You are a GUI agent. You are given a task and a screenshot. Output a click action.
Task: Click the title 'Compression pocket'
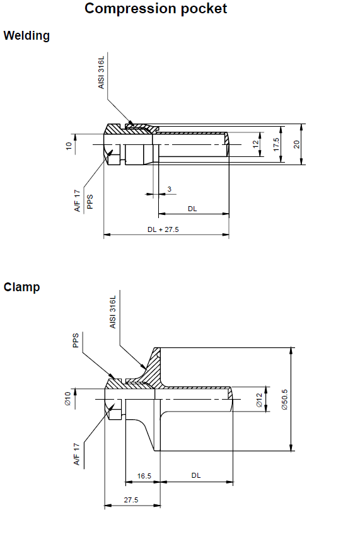click(156, 9)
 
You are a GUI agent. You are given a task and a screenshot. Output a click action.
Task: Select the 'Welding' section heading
click(26, 36)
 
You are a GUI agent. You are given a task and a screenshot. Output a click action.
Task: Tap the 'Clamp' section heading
click(21, 287)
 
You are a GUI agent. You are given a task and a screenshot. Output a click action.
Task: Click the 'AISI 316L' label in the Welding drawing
click(101, 72)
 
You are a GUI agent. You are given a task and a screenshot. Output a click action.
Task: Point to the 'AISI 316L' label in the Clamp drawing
click(112, 312)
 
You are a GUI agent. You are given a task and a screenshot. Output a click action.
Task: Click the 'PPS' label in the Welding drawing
click(90, 202)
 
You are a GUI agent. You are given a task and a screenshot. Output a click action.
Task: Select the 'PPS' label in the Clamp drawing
click(75, 340)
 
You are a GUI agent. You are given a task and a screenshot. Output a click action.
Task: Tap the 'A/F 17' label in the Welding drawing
click(77, 200)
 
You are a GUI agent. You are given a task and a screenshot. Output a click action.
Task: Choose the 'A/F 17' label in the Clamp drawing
click(76, 454)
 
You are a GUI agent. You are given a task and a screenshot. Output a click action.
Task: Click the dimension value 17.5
click(276, 144)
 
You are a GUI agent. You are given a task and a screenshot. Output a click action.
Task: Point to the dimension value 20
click(296, 144)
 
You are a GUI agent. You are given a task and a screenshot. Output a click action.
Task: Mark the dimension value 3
click(169, 189)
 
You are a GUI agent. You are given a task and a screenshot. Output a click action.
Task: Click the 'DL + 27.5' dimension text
click(163, 229)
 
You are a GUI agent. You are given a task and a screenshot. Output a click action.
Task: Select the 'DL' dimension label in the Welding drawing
click(192, 209)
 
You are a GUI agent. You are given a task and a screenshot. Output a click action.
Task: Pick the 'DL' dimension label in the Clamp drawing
click(196, 475)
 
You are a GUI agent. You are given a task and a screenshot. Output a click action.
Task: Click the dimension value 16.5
click(144, 476)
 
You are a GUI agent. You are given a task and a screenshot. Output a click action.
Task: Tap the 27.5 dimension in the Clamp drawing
click(131, 500)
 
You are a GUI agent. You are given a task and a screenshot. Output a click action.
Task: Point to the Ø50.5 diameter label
click(284, 399)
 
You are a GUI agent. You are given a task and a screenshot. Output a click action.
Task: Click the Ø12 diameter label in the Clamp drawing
click(259, 400)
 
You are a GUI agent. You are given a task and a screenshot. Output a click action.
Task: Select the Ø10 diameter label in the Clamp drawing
click(67, 398)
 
